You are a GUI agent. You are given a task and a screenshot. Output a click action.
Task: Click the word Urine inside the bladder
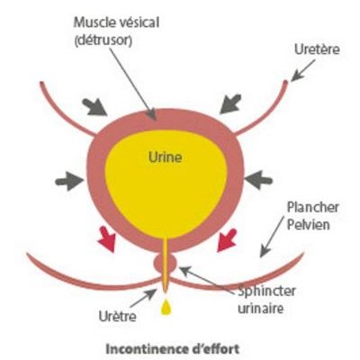click(x=166, y=157)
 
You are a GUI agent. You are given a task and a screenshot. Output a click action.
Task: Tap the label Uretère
click(x=317, y=49)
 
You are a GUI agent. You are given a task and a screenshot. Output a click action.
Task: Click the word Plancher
click(x=313, y=207)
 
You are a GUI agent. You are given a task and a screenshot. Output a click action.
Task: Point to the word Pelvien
click(x=309, y=225)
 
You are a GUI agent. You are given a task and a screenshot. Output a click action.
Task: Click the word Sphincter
click(x=266, y=292)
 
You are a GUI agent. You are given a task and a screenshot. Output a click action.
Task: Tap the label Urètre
click(x=117, y=316)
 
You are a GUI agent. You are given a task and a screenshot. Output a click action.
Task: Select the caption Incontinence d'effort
click(x=173, y=349)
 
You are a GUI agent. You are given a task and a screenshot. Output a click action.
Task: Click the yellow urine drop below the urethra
click(x=166, y=307)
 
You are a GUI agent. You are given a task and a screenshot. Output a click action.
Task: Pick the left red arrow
click(x=107, y=238)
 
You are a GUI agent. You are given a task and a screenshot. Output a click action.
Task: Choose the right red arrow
click(x=227, y=239)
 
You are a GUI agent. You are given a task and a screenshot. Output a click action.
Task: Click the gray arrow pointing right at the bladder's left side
click(x=69, y=181)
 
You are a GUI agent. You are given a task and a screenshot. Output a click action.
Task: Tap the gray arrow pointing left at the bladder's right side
click(x=258, y=180)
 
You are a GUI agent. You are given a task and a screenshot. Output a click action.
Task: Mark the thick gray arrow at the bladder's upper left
click(x=95, y=107)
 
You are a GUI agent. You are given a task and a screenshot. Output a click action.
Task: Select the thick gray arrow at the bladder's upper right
click(x=230, y=104)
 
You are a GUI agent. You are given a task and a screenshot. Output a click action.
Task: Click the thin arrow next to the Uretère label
click(x=303, y=70)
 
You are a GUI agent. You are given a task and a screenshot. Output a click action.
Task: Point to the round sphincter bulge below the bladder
click(x=165, y=262)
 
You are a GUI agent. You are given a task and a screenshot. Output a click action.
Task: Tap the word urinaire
click(x=260, y=309)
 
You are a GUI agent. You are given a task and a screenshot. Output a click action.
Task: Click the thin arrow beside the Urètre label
click(x=143, y=298)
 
